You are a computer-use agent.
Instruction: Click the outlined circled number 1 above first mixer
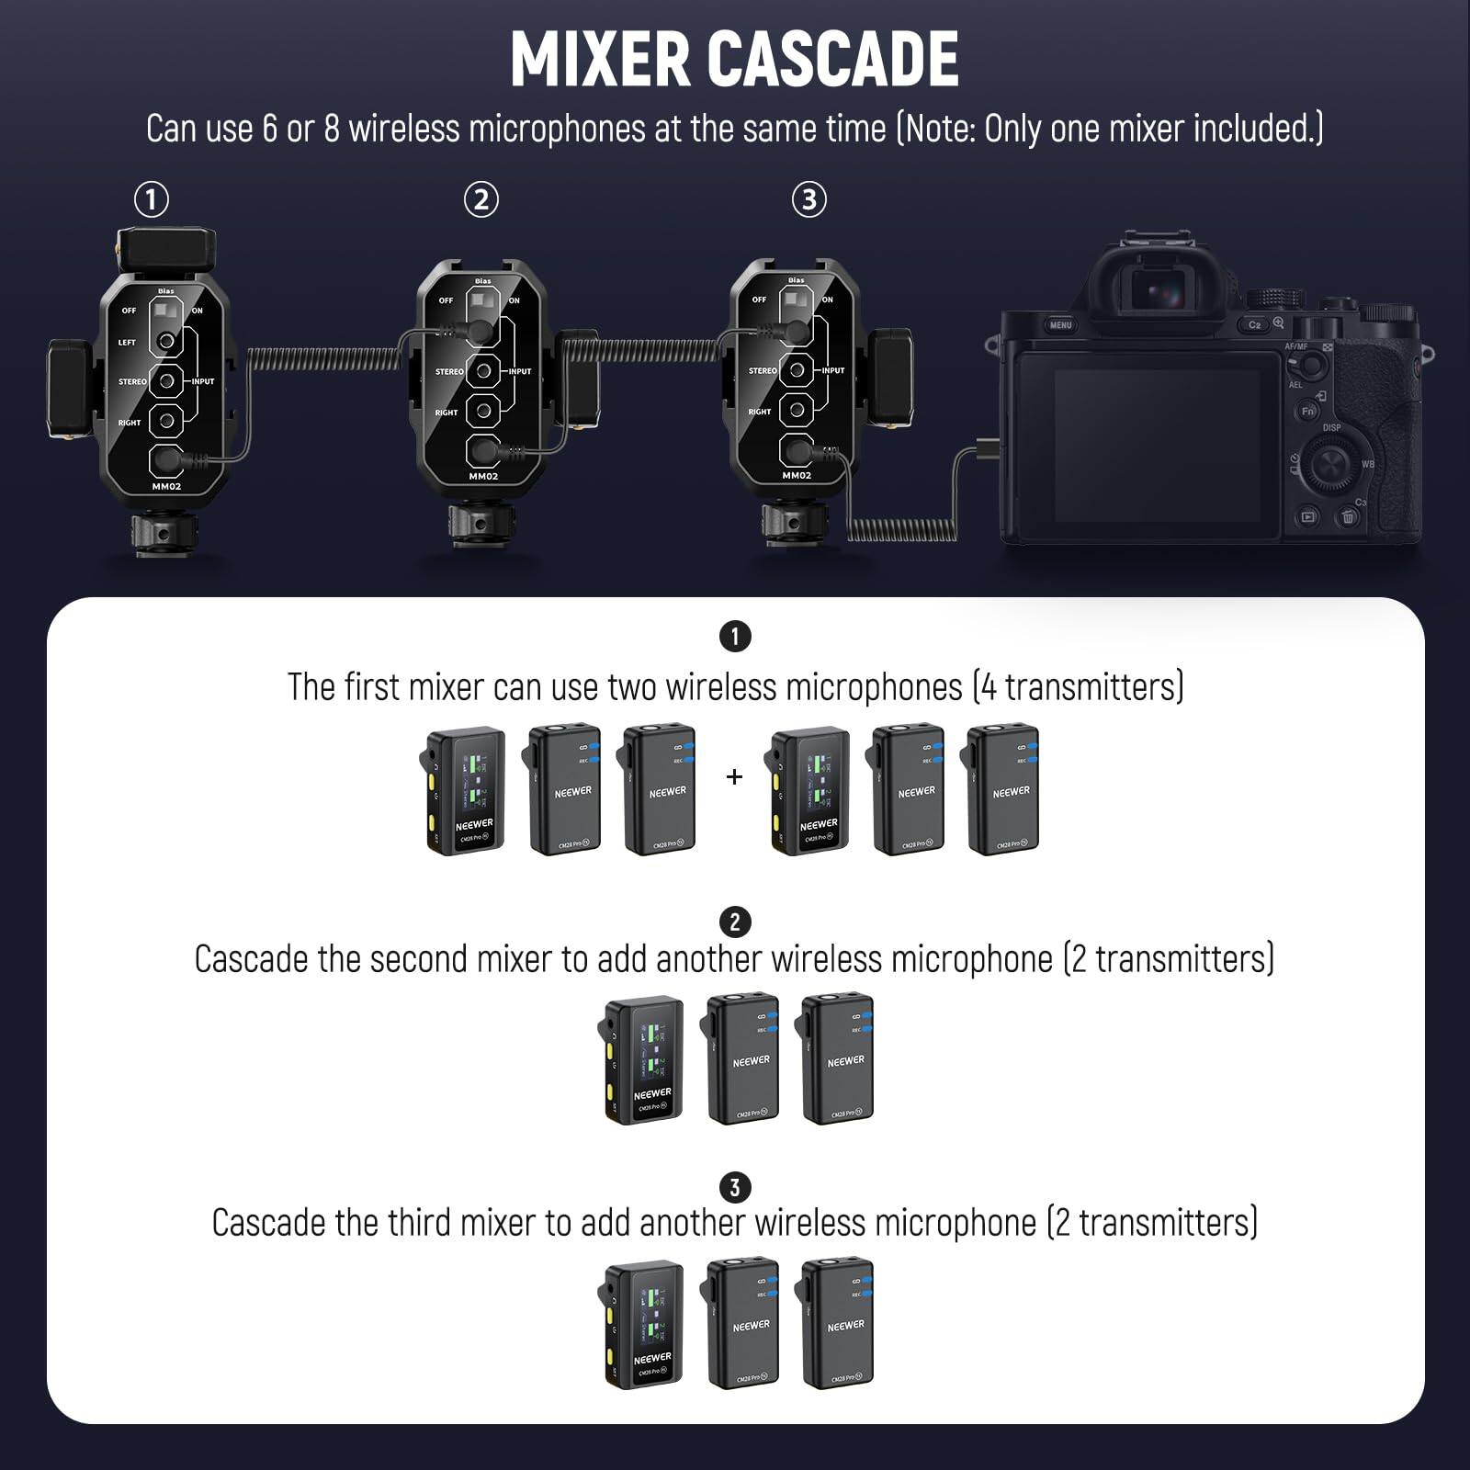152,199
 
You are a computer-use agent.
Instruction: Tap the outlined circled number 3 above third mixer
808,199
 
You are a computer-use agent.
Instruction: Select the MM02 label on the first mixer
166,486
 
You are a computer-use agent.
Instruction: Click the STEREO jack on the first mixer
167,380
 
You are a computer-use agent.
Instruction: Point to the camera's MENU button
1060,325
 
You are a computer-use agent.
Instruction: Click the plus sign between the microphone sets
734,777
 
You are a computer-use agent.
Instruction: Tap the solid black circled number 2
734,922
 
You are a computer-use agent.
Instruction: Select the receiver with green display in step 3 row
646,1323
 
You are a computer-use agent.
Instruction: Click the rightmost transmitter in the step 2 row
838,1058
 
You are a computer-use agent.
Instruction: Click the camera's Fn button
1307,411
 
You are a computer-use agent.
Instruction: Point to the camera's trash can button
1348,517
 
